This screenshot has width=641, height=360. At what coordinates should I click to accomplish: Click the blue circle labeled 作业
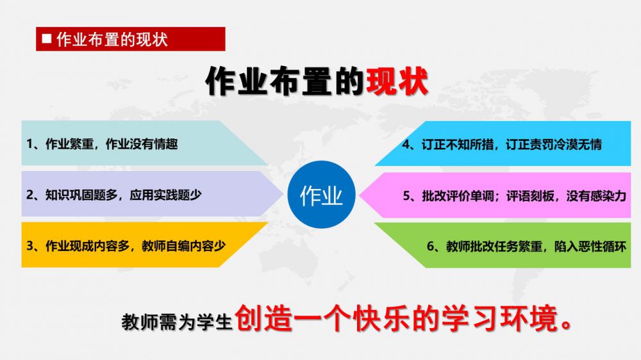(x=321, y=195)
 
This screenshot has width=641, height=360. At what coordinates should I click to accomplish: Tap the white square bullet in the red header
(x=47, y=39)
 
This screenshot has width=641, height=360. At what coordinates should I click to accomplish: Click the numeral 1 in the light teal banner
(x=29, y=144)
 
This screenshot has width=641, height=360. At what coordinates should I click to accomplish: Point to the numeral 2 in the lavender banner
(x=30, y=195)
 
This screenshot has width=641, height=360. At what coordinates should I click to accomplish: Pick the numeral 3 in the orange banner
(x=30, y=245)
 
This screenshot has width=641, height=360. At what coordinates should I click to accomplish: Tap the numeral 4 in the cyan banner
(x=406, y=144)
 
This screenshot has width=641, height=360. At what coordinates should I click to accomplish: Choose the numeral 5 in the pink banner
(x=406, y=196)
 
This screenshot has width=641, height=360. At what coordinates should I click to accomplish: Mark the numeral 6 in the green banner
(x=431, y=246)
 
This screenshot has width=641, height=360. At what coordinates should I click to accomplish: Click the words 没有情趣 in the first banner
(x=153, y=144)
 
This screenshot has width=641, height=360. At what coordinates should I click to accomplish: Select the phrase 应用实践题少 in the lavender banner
(x=165, y=195)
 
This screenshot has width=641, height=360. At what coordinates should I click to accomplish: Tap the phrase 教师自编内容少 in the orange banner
(x=183, y=245)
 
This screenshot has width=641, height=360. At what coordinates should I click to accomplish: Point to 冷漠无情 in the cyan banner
(x=578, y=144)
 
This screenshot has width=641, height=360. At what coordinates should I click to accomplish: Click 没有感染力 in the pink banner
(x=596, y=196)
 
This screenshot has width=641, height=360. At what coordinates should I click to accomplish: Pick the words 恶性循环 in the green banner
(x=602, y=246)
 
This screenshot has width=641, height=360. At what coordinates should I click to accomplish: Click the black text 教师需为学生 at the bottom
(x=177, y=322)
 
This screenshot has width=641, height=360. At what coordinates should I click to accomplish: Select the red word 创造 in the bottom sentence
(x=263, y=318)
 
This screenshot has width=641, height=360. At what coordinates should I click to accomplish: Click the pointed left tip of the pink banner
(x=360, y=195)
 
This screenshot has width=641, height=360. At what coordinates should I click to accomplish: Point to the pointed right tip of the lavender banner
(x=283, y=193)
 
